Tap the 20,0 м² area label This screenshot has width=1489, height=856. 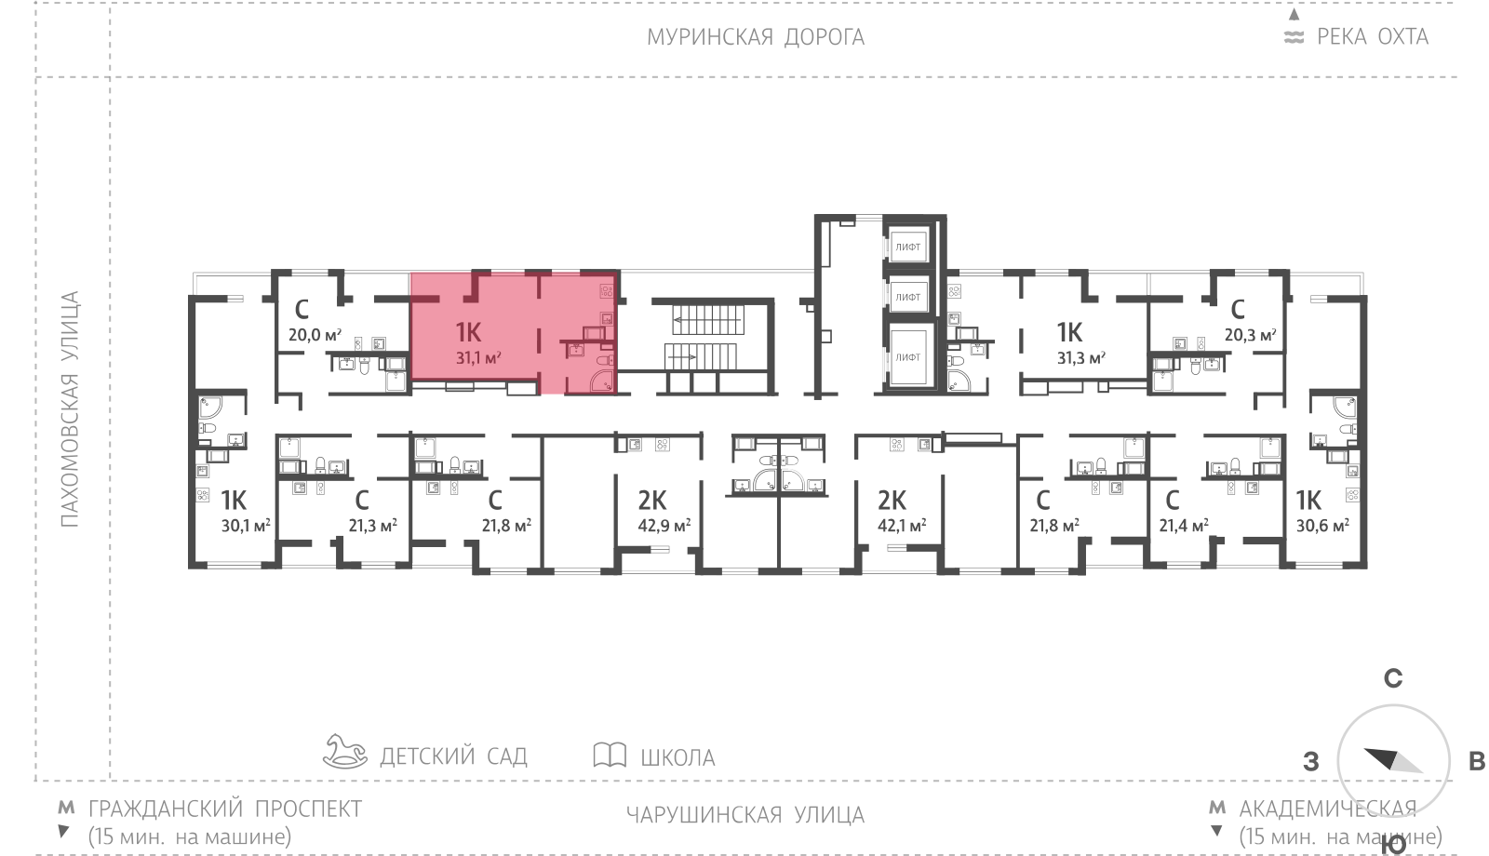coord(314,335)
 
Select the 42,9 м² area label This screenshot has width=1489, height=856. coord(664,526)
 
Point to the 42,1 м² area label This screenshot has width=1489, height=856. coord(902,526)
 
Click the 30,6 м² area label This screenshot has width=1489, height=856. coord(1322,526)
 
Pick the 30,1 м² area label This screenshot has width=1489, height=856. coord(246,526)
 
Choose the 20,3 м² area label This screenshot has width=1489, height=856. coord(1250,335)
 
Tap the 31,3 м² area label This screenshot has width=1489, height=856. coord(1080,357)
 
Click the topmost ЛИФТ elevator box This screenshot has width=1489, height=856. coord(907,247)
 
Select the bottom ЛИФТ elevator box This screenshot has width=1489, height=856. coord(907,356)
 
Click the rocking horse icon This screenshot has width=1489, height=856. coord(344,752)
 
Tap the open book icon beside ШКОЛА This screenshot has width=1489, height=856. coord(610,755)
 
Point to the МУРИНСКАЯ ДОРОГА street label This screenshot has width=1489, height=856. coord(756,37)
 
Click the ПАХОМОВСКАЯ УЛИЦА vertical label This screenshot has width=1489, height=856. coord(70,409)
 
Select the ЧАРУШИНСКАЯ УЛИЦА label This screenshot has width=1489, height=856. coord(744,815)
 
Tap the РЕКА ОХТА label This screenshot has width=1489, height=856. coord(1372,37)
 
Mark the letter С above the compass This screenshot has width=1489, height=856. coord(1392,678)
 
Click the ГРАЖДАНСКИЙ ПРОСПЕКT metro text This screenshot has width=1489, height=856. coord(224,809)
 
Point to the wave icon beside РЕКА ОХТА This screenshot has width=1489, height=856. coord(1294,37)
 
